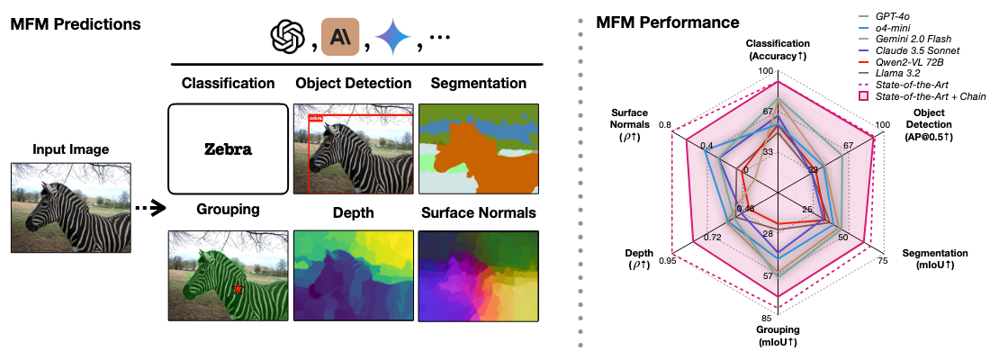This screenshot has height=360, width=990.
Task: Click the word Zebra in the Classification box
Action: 227,149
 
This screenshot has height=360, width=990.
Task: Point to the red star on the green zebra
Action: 237,289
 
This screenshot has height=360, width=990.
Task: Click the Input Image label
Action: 71,148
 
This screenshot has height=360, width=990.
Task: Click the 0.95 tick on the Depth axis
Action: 668,261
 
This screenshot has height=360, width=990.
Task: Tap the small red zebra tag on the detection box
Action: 315,117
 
